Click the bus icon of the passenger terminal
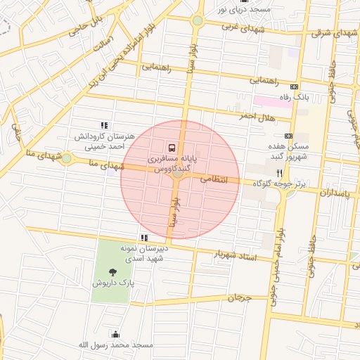click(x=172, y=148)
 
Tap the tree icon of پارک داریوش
click(x=112, y=271)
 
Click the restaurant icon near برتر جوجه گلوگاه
click(x=279, y=172)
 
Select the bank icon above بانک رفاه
click(x=294, y=86)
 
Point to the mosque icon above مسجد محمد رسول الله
click(x=115, y=334)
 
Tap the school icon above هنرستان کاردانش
click(x=105, y=125)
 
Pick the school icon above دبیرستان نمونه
click(x=143, y=238)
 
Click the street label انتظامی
click(x=214, y=180)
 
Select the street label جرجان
click(x=239, y=298)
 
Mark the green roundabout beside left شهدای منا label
click(x=66, y=159)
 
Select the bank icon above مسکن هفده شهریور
click(x=288, y=136)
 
